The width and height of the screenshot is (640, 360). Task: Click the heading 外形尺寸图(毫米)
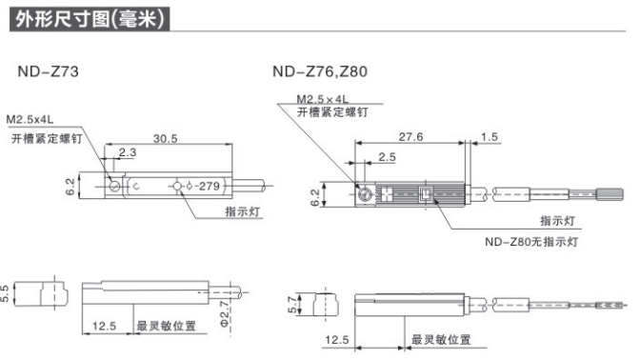[90, 19]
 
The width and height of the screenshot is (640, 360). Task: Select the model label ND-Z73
[49, 71]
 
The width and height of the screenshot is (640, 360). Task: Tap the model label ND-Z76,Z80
[320, 71]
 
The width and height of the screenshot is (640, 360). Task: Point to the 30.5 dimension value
[166, 139]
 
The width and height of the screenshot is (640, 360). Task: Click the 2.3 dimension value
[128, 152]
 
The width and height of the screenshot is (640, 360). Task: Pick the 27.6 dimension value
[410, 137]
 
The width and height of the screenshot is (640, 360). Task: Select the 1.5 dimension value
[489, 137]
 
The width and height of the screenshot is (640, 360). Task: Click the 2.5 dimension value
[387, 157]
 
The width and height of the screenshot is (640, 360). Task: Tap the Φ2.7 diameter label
[225, 313]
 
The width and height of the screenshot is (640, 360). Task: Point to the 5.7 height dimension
[292, 305]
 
